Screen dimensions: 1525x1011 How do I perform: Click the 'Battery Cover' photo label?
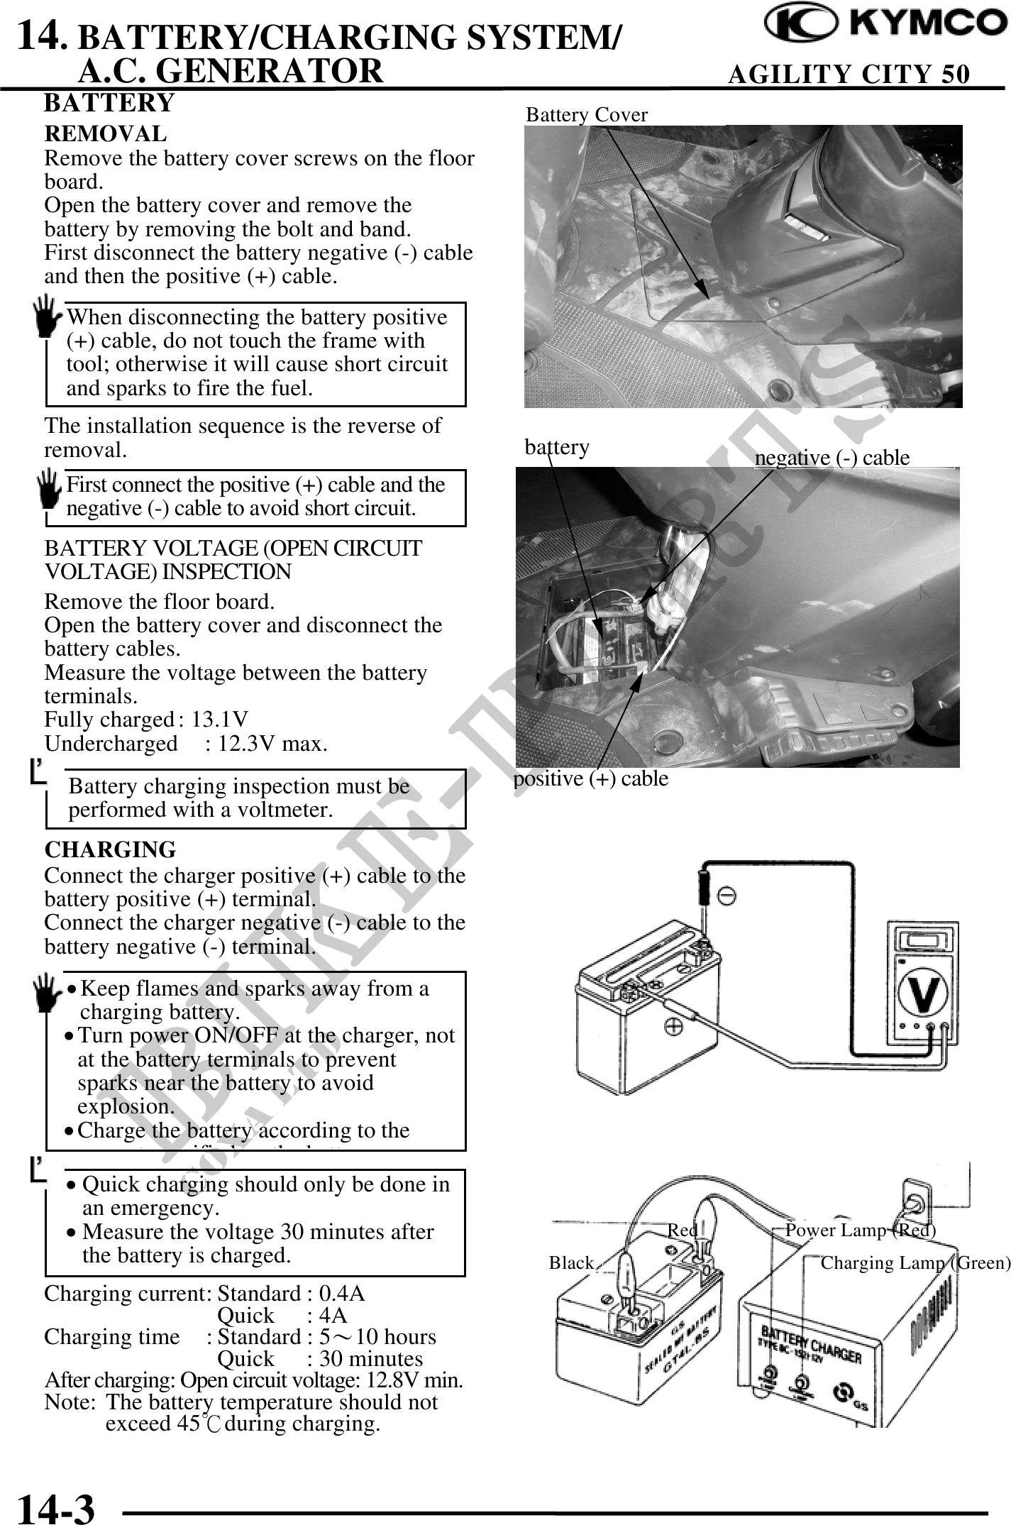(x=587, y=115)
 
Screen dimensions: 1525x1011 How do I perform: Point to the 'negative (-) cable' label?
(x=832, y=458)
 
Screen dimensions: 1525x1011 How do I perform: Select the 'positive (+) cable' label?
(x=591, y=778)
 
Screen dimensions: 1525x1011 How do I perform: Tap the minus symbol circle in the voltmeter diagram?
(x=727, y=895)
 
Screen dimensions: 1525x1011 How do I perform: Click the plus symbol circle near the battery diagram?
(x=673, y=1026)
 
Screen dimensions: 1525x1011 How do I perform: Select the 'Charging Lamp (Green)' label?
(x=915, y=1262)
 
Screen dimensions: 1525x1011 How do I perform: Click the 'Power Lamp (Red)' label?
(x=861, y=1230)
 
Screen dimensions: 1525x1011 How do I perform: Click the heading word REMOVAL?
(x=106, y=133)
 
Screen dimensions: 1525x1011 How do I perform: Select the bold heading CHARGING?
(x=110, y=849)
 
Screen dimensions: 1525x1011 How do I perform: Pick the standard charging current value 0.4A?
(x=342, y=1294)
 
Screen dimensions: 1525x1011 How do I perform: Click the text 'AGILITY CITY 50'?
(x=849, y=74)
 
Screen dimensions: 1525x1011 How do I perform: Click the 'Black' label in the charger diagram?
(x=571, y=1262)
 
